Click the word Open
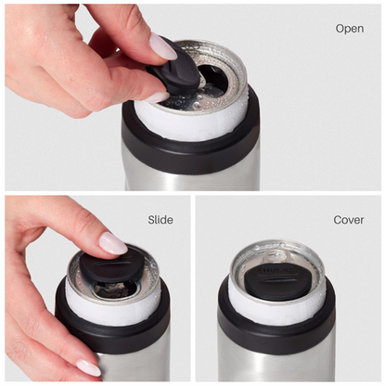(350, 29)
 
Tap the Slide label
(161, 220)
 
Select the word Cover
(349, 220)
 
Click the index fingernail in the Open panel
(163, 46)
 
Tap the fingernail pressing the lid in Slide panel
(113, 243)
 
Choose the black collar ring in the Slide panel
(111, 330)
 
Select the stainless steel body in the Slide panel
(130, 366)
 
